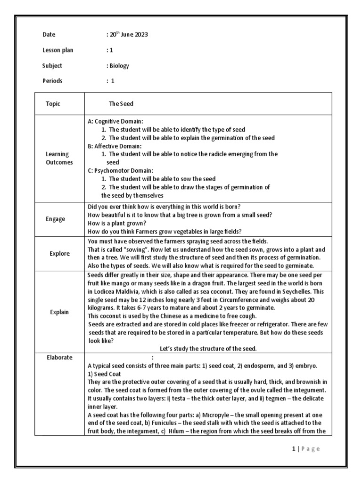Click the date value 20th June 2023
click(128, 35)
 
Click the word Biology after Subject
click(119, 66)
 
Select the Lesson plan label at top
click(58, 50)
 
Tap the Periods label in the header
click(52, 81)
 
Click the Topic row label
click(53, 104)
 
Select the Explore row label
click(59, 253)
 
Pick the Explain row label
click(59, 312)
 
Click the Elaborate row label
click(59, 358)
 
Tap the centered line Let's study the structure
click(208, 349)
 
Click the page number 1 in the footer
click(293, 449)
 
